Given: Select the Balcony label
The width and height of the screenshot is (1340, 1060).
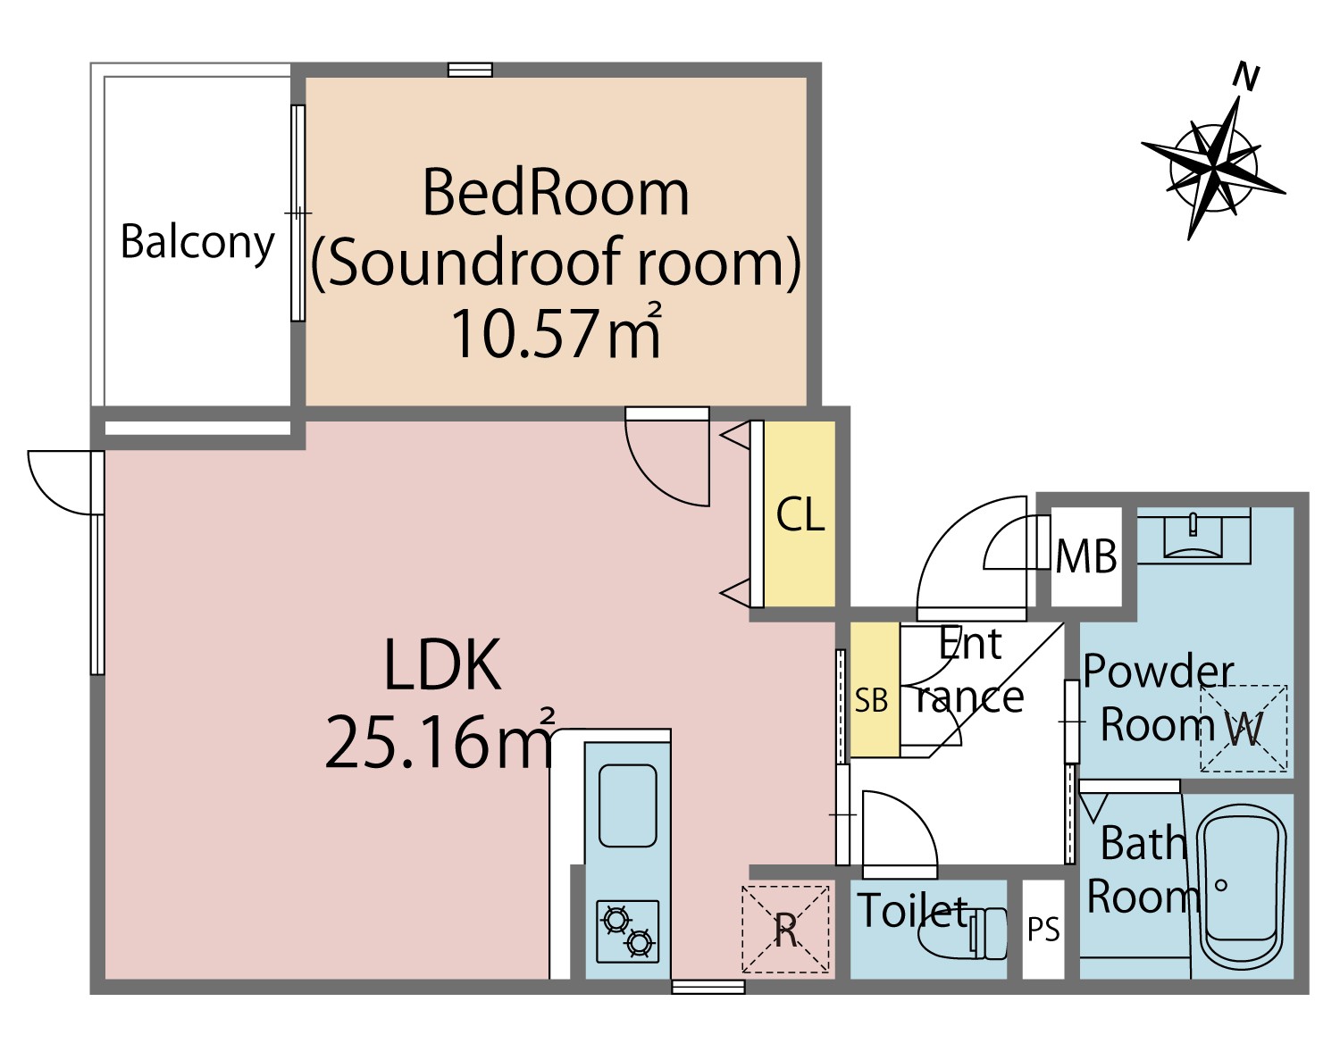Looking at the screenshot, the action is (x=197, y=243).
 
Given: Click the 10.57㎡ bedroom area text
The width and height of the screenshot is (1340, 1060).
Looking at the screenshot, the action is (x=556, y=333).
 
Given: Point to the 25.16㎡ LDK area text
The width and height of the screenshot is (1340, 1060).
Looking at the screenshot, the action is (x=440, y=740).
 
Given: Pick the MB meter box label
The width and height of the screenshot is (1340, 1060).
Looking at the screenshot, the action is (x=1086, y=556).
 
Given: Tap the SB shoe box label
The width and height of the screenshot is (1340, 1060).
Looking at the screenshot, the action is (x=871, y=701).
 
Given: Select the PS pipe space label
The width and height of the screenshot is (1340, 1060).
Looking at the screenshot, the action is (x=1043, y=930).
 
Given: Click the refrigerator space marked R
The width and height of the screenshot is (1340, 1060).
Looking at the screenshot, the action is (x=786, y=930).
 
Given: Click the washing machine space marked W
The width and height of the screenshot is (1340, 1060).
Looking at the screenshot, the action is (x=1244, y=729).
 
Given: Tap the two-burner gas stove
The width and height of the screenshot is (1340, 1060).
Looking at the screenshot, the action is (x=627, y=931).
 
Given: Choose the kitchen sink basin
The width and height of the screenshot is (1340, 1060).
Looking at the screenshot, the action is (x=628, y=806).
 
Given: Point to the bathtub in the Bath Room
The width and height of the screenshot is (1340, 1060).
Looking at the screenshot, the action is (x=1243, y=888).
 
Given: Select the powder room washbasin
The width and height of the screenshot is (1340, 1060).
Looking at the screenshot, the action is (x=1193, y=535).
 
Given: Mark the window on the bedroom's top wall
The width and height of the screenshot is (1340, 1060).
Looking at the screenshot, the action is (x=471, y=70).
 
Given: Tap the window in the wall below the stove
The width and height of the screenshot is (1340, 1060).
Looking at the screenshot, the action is (x=708, y=987).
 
